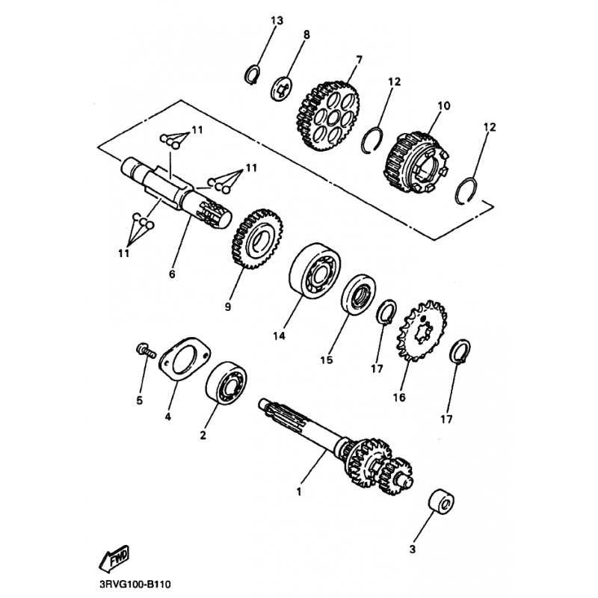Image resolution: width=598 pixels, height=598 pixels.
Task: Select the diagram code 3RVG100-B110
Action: point(135,585)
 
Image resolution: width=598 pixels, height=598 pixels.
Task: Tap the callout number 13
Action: point(277,20)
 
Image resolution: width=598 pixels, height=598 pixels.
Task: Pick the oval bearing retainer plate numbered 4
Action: point(185,359)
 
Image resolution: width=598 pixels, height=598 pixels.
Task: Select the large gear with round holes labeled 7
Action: point(327,116)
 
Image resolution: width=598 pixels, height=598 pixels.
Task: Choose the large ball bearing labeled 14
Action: point(315,271)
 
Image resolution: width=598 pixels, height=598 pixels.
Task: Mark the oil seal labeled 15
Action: point(358,294)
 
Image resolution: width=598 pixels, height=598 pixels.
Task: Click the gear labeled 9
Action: point(257,238)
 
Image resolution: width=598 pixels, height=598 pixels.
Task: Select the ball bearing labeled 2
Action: point(226,383)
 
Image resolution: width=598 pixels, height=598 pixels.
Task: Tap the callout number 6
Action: point(172,274)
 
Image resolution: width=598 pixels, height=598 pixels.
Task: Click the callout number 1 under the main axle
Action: point(299,492)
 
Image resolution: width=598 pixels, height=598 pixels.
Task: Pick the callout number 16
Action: point(399,398)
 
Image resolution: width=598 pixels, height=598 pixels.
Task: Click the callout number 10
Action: point(444,105)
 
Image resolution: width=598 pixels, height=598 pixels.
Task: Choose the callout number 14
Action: point(279,336)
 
